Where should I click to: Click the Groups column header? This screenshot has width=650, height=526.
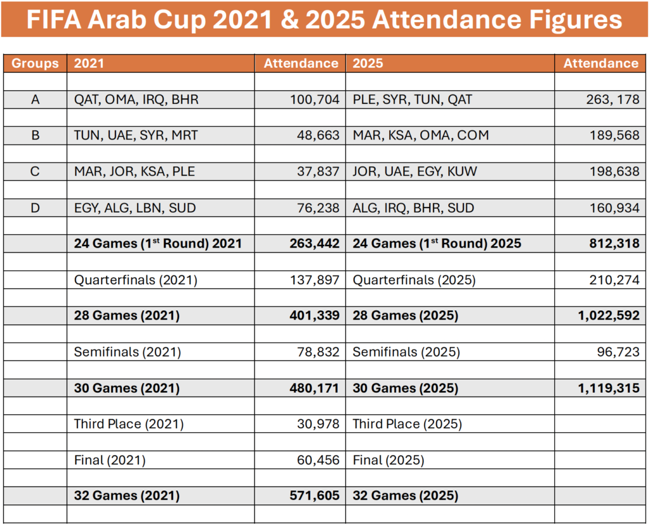pos(35,63)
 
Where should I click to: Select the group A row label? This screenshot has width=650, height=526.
pos(35,100)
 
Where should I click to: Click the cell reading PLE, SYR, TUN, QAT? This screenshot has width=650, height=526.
pos(412,100)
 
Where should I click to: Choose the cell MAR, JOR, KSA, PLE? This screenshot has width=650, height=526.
pos(135,172)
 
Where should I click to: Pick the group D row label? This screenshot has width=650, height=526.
pos(35,208)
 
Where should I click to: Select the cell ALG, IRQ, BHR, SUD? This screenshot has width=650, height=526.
pos(413,208)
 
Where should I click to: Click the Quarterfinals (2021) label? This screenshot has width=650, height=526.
pos(135,280)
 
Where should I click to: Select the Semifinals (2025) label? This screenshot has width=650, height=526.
pos(406,352)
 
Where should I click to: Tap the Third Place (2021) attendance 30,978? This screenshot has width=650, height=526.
pos(315,424)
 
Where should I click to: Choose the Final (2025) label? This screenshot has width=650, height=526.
pos(388,461)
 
